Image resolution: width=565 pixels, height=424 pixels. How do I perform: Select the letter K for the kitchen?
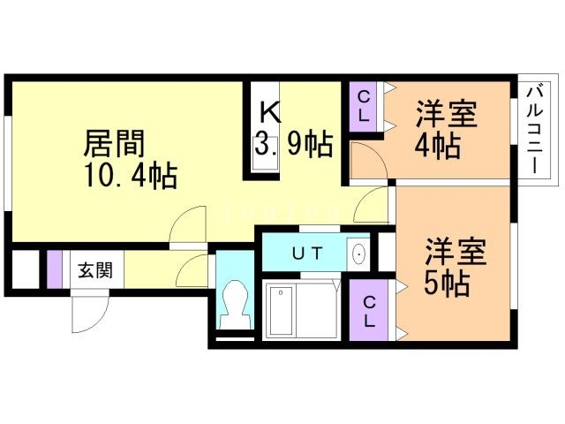(x=269, y=112)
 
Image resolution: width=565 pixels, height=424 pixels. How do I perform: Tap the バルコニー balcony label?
(x=535, y=131)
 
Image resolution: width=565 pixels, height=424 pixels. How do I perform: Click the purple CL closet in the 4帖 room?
(x=364, y=107)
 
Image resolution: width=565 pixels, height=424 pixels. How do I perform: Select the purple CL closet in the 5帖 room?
(x=367, y=309)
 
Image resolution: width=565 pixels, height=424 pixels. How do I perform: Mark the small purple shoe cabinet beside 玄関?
(x=54, y=269)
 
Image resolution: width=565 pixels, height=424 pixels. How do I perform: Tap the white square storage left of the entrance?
(x=26, y=269)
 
